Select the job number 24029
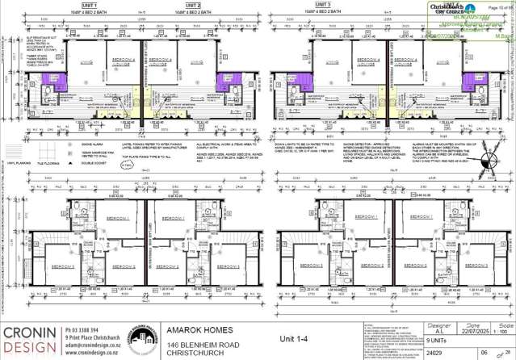pyautogui.click(x=432, y=353)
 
